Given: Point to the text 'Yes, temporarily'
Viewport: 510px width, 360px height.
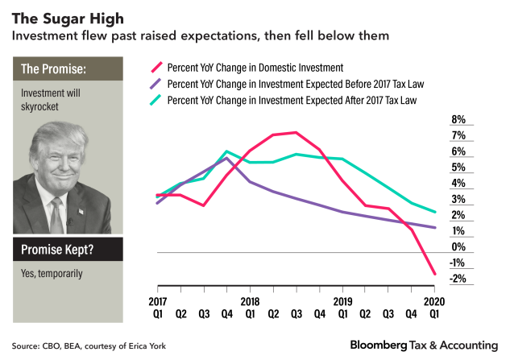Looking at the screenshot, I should (x=53, y=274).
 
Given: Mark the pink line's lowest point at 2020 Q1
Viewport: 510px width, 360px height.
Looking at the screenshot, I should (x=436, y=275).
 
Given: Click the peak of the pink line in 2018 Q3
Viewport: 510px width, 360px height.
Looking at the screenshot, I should (x=296, y=132).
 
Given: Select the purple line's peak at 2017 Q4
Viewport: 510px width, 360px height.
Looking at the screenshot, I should (x=228, y=158).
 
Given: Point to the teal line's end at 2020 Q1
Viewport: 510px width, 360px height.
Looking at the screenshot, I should (x=436, y=213).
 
